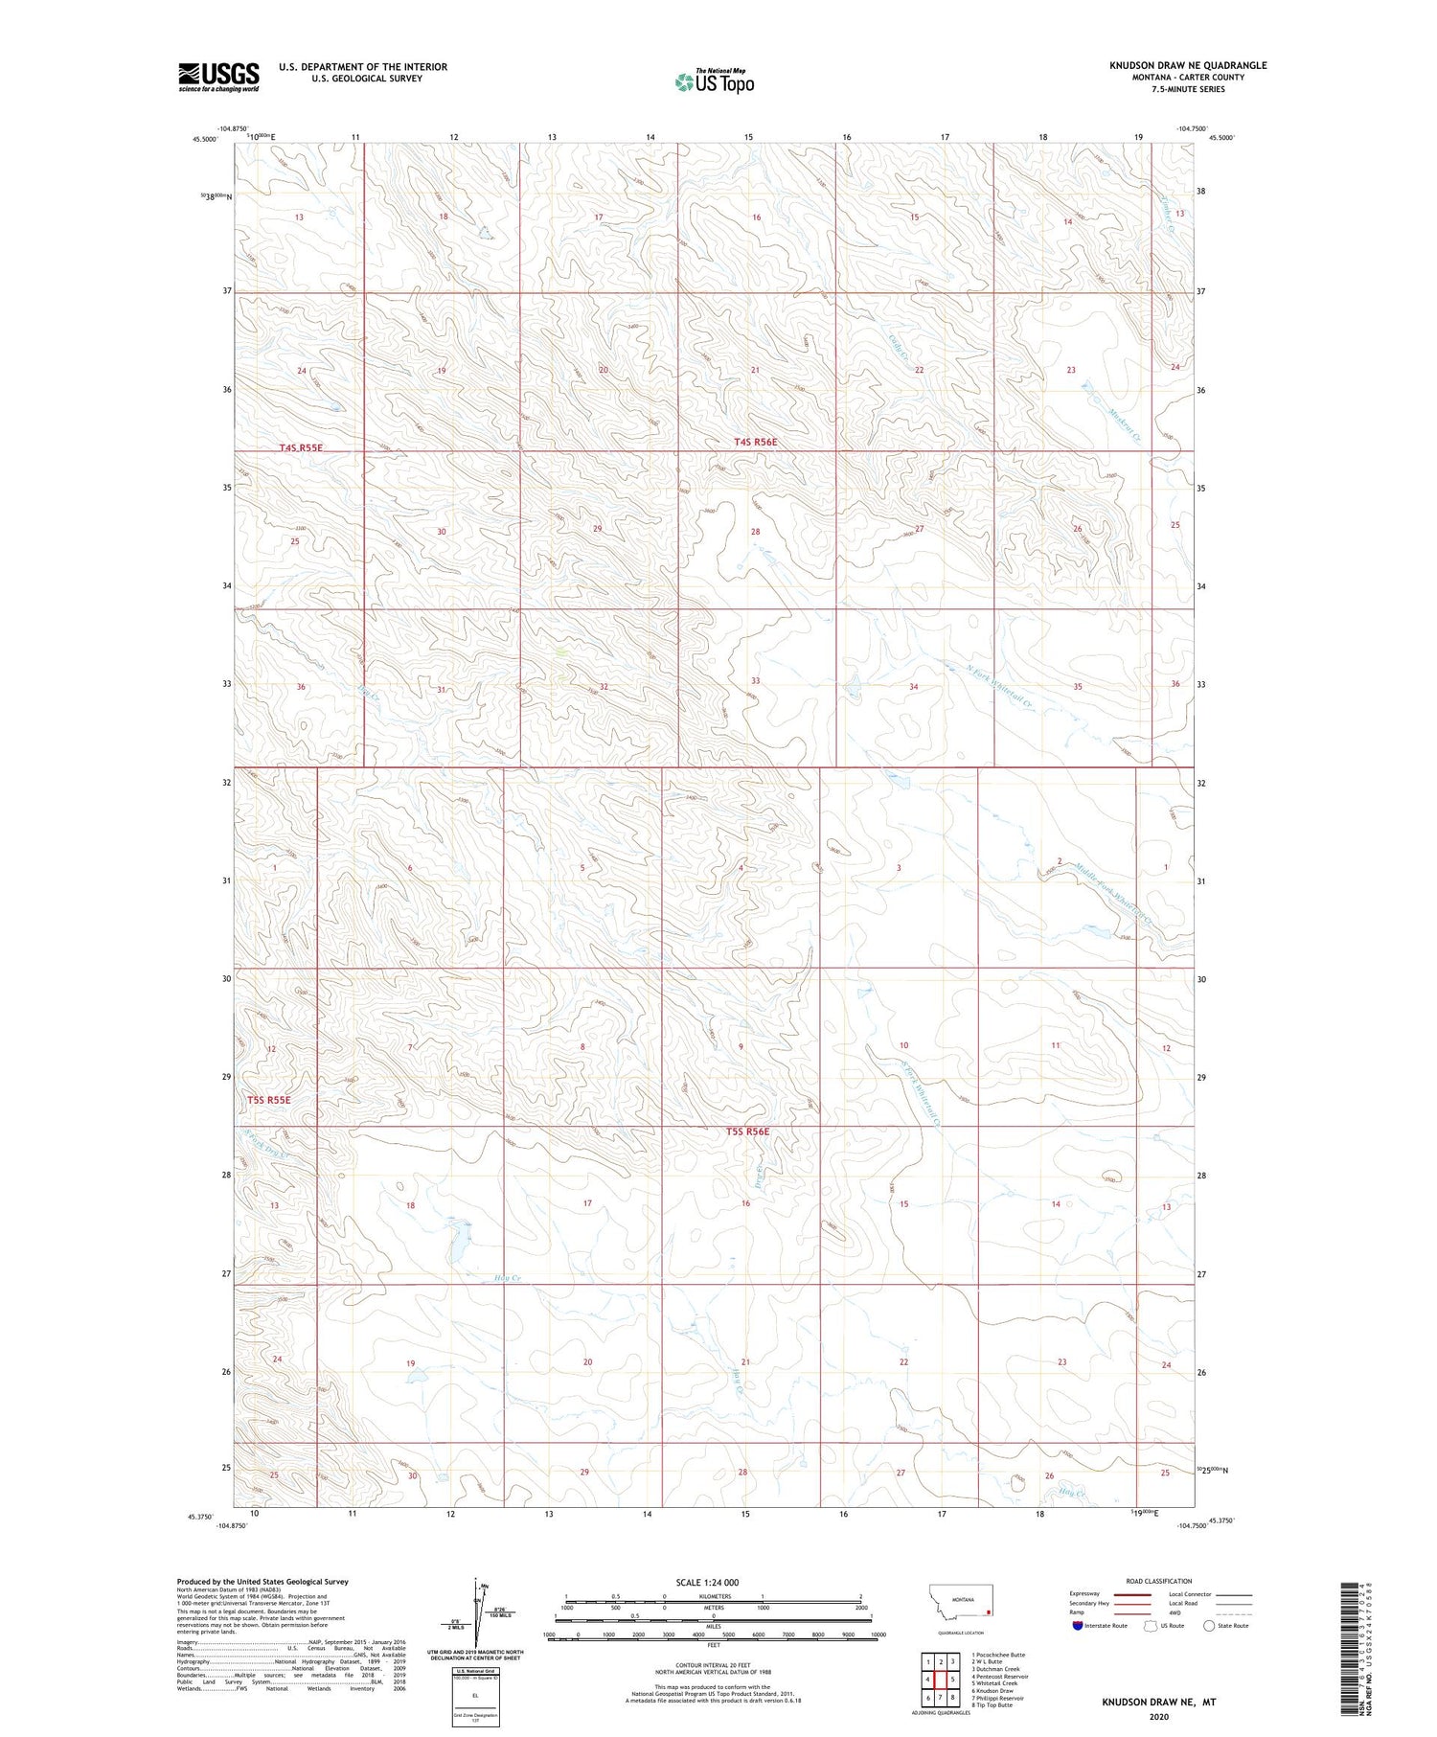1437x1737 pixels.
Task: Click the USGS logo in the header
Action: click(x=217, y=77)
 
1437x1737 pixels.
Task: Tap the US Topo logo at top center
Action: click(x=715, y=82)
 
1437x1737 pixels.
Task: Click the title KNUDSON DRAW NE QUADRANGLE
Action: click(x=1188, y=65)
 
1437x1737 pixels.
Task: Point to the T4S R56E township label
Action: click(x=755, y=442)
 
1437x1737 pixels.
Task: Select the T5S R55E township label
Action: click(x=268, y=1100)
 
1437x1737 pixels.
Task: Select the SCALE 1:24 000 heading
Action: click(x=707, y=1582)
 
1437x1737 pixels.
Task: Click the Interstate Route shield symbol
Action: click(x=1078, y=1626)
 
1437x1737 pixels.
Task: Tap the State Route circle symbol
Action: click(x=1209, y=1626)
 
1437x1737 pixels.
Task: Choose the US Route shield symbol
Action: click(x=1151, y=1626)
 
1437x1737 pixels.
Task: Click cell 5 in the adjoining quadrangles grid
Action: click(x=952, y=1679)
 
